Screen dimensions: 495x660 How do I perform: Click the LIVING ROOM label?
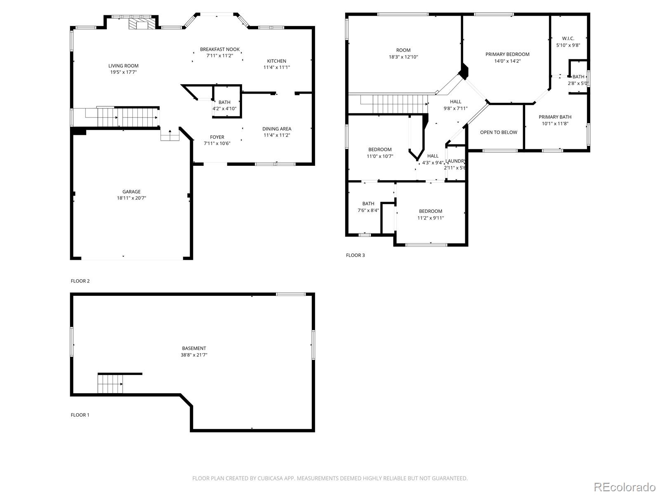pos(123,66)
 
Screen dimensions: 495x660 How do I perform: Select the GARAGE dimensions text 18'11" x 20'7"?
pos(131,198)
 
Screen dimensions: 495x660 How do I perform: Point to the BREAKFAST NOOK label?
pos(220,49)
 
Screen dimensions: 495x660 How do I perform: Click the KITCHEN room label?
pos(276,61)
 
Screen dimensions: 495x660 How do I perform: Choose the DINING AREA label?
pos(277,129)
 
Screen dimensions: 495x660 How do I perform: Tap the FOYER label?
pos(217,137)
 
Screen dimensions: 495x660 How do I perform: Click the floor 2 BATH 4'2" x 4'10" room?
pos(225,105)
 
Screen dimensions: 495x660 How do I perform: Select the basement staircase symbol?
pos(111,384)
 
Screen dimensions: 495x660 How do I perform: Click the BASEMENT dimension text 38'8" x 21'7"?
pos(194,355)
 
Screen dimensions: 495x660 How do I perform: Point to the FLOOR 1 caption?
pos(80,415)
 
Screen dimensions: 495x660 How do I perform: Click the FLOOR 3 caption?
pos(355,255)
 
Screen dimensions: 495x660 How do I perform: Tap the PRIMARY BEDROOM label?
pos(507,54)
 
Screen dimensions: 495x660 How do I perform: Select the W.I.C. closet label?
pos(568,38)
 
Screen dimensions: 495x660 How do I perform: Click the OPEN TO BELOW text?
pos(498,132)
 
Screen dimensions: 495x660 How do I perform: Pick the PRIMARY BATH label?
pos(555,117)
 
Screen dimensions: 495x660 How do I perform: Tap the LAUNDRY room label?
pos(455,161)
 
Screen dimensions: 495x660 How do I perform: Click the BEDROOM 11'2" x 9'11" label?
pos(430,211)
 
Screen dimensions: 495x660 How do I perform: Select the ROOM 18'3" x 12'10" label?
pos(403,50)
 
